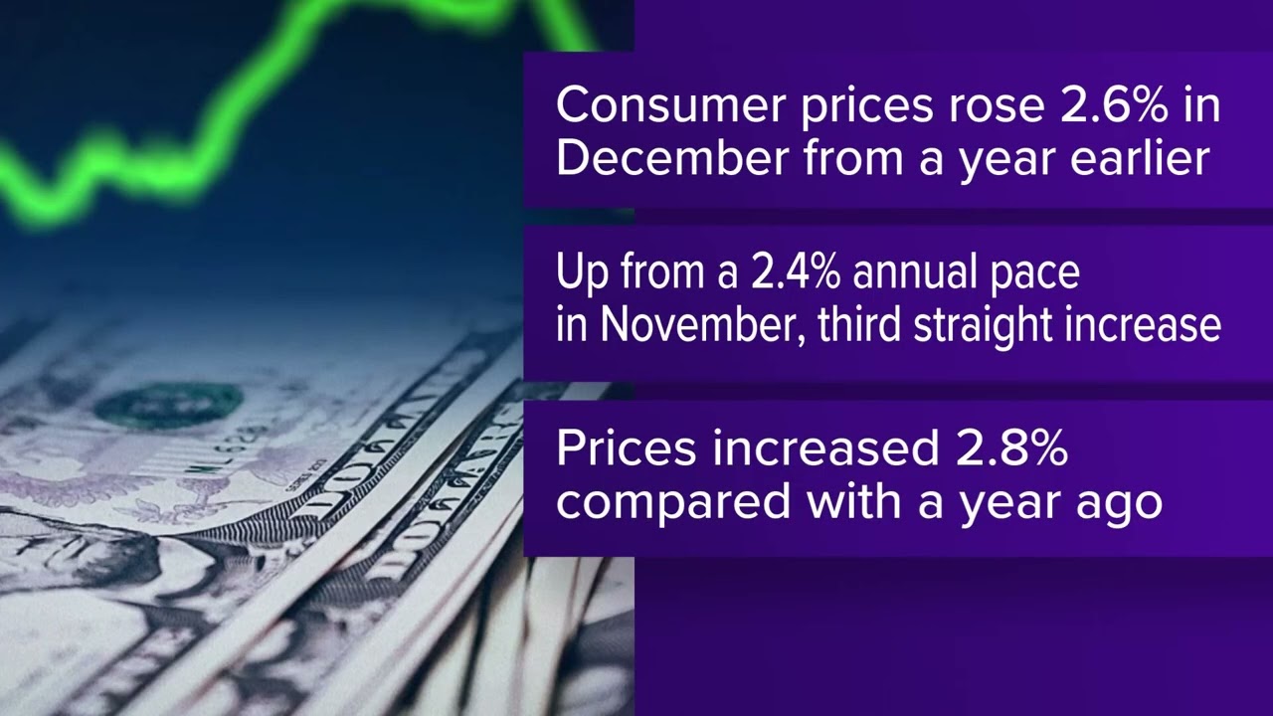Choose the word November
(x=701, y=324)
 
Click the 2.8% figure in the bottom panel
(x=1004, y=448)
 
